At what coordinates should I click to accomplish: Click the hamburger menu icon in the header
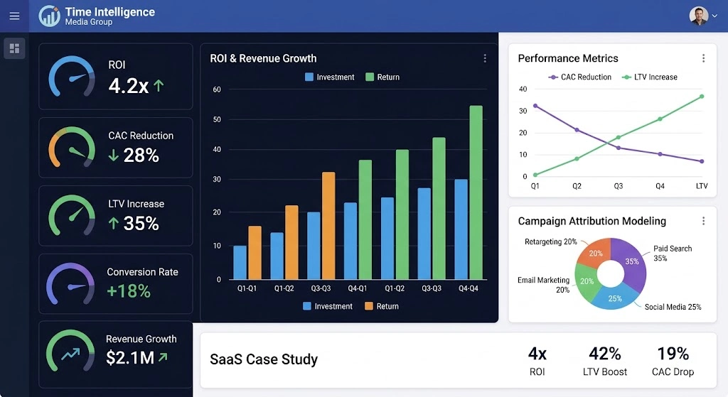coord(14,16)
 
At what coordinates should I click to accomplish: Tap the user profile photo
coord(698,16)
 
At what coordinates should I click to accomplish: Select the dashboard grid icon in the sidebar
coord(14,48)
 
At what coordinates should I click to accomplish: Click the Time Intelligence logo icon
coord(50,16)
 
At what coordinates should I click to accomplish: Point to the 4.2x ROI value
coord(129,86)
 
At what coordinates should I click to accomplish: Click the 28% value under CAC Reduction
coord(141,155)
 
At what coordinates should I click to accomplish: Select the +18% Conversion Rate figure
coord(129,290)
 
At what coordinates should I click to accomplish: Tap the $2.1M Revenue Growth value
coord(130,358)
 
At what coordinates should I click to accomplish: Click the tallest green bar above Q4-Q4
coord(476,192)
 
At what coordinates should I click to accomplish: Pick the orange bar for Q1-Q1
coord(255,252)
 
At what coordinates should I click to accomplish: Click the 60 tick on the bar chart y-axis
coord(217,89)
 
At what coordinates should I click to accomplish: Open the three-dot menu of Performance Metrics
coord(703,58)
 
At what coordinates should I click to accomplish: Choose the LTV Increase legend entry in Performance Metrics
coord(649,77)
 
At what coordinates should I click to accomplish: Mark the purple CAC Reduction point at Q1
coord(535,106)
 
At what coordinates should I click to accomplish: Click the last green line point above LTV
coord(702,97)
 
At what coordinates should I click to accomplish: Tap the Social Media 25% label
coord(673,307)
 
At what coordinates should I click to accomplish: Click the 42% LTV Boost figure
coord(605,354)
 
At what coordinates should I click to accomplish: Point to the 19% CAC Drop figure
coord(673,354)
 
